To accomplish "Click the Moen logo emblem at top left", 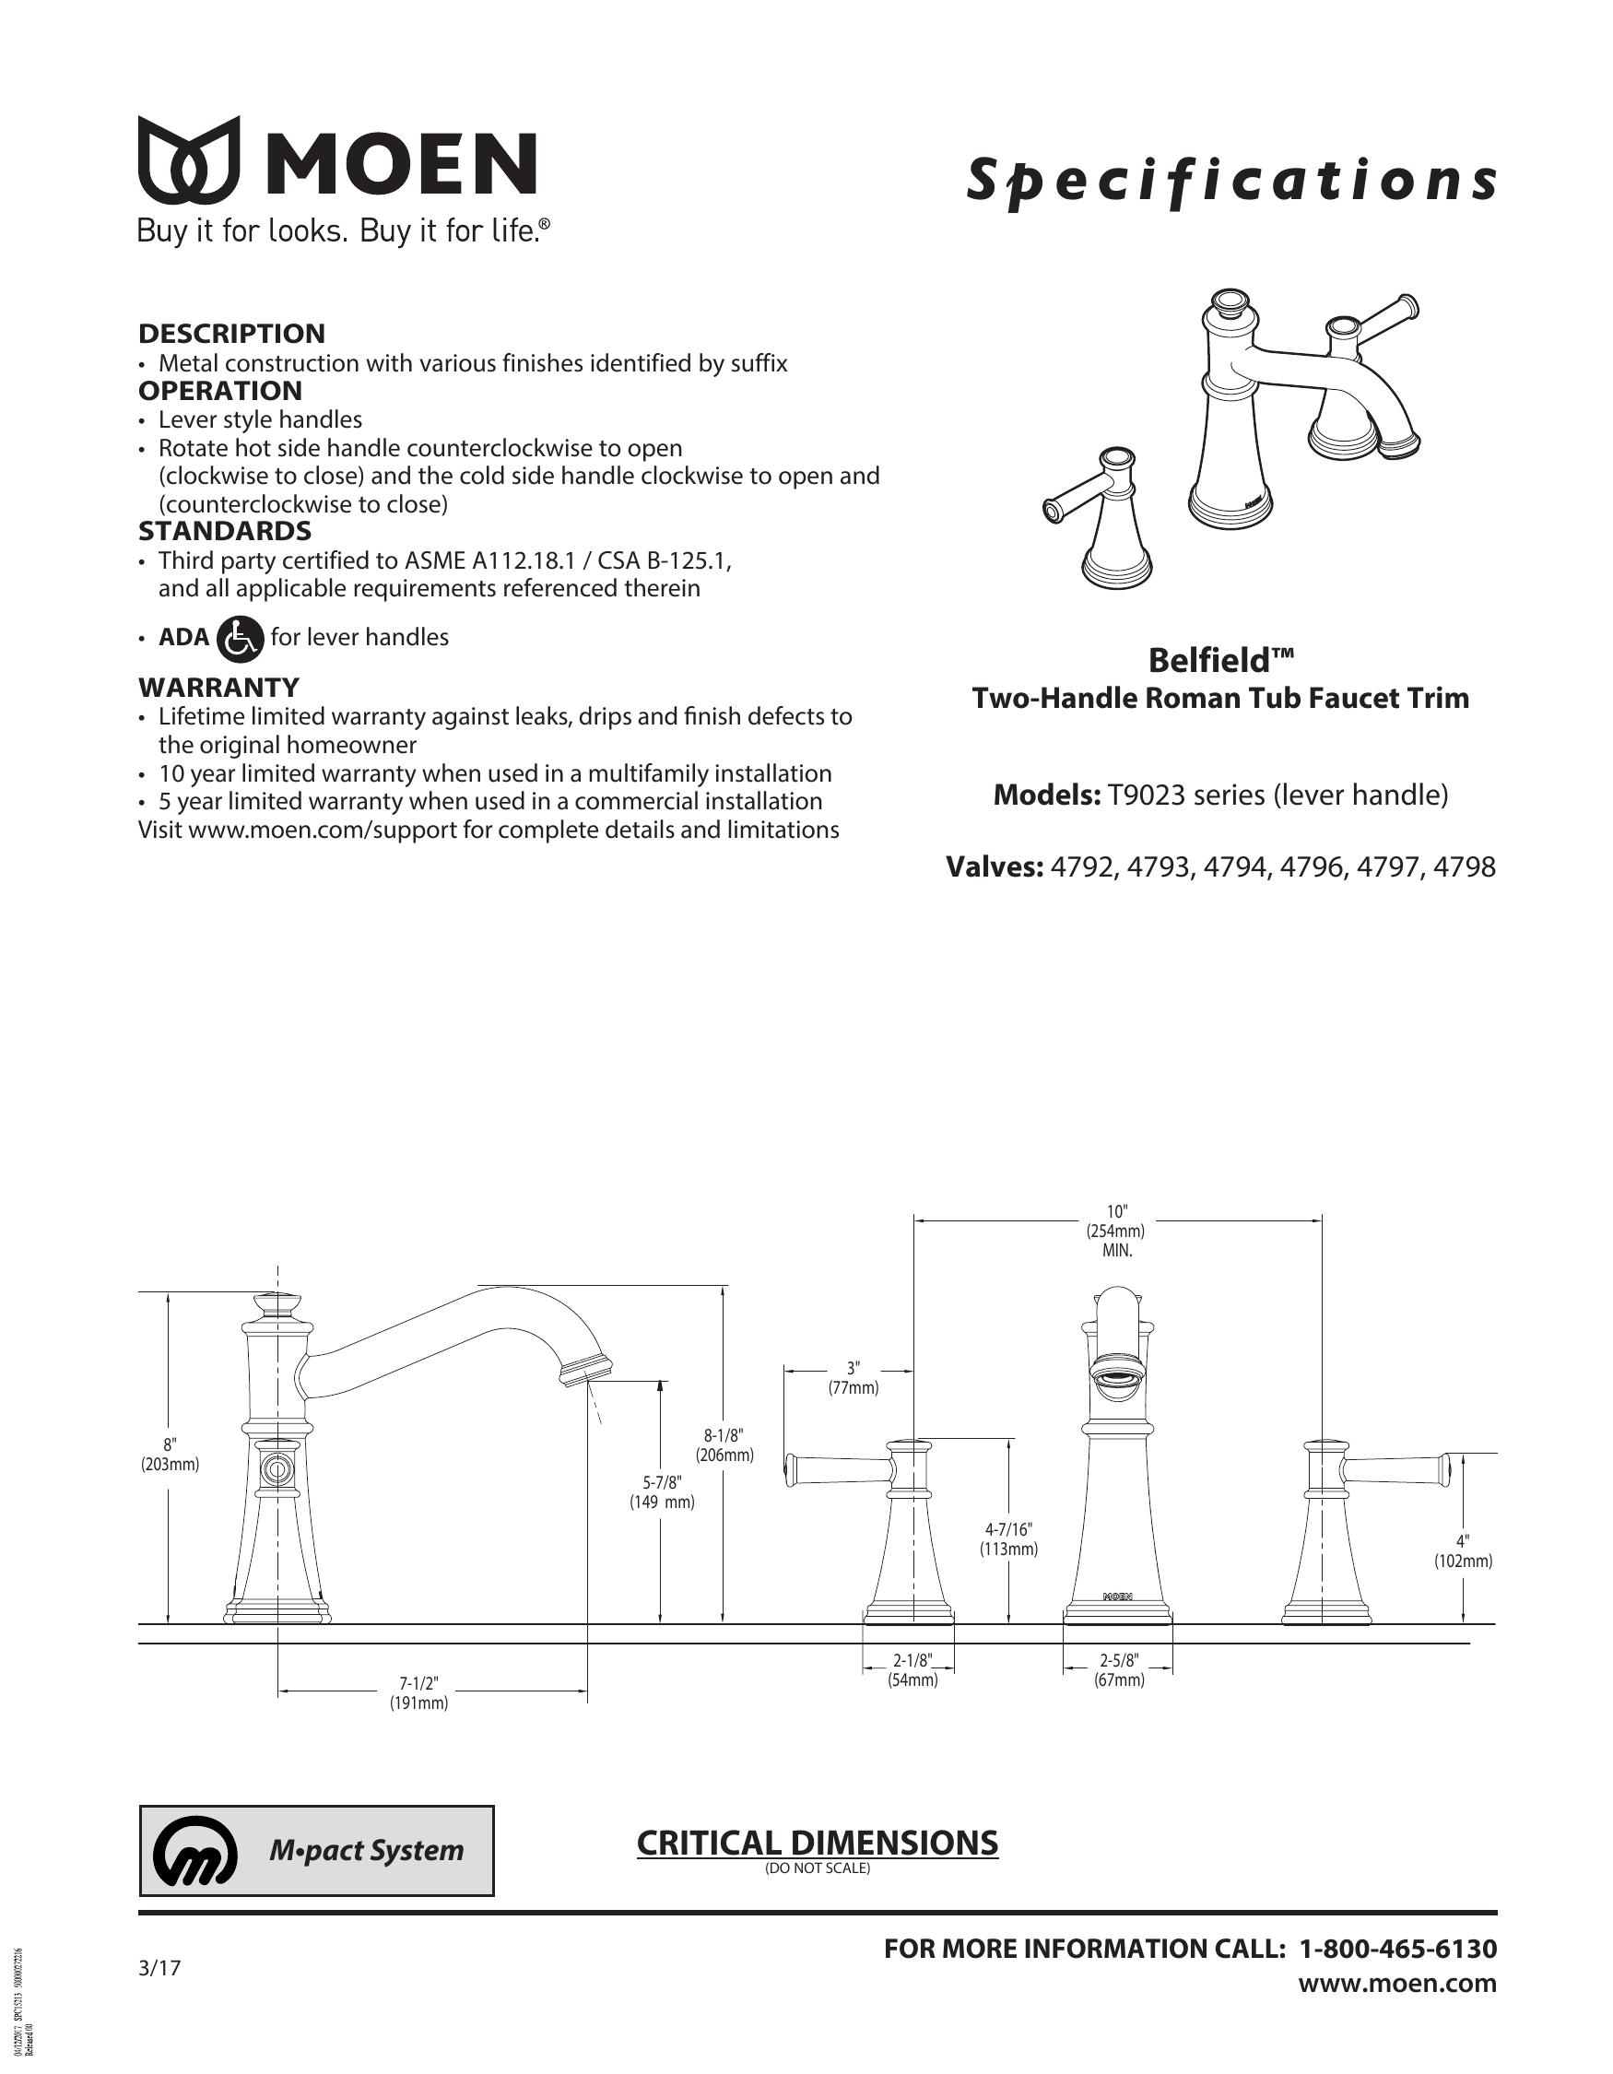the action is pos(189,159).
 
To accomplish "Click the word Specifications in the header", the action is pos(1231,183).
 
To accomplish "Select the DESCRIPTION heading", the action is pos(231,334).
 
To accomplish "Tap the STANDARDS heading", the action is pos(225,531).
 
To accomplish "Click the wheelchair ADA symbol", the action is pos(241,637).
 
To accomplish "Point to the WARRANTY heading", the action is pos(219,687).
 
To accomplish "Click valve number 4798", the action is pos(1465,867).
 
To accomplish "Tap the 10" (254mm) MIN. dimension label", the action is pos(1116,1231).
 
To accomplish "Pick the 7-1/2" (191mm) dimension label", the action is pos(418,1693).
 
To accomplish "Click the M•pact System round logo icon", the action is pos(194,1851).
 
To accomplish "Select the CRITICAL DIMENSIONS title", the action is pos(818,1843).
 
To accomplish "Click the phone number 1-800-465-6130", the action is pos(1397,1949).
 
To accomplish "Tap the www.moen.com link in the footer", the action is pos(1397,1984).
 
